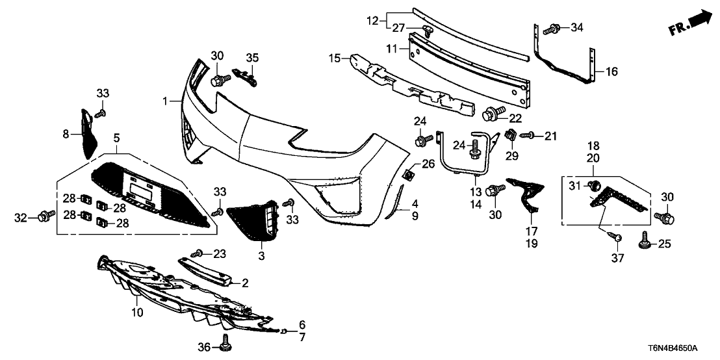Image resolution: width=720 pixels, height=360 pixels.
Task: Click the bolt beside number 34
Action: pyautogui.click(x=553, y=28)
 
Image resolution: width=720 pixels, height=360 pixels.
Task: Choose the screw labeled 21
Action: pyautogui.click(x=527, y=135)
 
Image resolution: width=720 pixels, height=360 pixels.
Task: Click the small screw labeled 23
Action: pyautogui.click(x=198, y=252)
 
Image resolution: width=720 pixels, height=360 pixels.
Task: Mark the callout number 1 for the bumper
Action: pyautogui.click(x=166, y=101)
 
